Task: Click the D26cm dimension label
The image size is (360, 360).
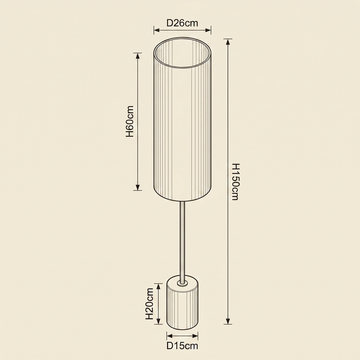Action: tap(182, 23)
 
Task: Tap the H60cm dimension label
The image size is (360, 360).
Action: tap(130, 121)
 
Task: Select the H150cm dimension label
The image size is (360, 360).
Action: tap(236, 182)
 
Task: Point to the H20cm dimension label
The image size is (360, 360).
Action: tap(150, 303)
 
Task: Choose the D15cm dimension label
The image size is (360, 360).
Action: tap(182, 346)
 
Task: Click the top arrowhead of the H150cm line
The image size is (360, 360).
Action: tap(228, 42)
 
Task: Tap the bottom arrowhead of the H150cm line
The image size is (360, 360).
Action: tap(228, 321)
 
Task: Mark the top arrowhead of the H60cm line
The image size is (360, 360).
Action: tap(137, 56)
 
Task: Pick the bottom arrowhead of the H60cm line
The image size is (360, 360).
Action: tap(137, 187)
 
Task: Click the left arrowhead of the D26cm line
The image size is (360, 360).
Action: tap(157, 30)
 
